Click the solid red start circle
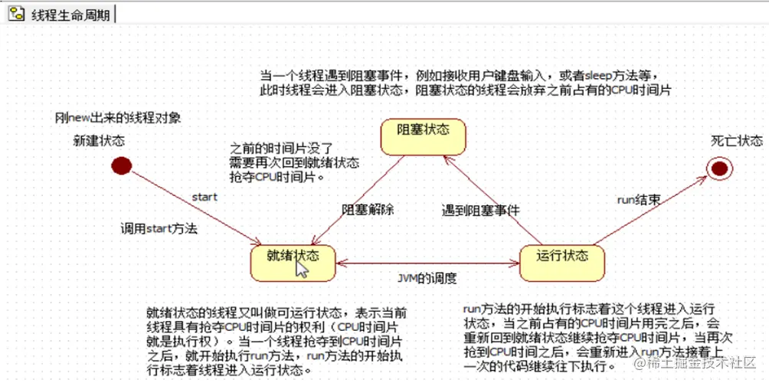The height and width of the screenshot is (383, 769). pyautogui.click(x=121, y=165)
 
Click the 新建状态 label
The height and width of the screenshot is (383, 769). pyautogui.click(x=99, y=140)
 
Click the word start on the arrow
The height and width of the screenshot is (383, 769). pyautogui.click(x=205, y=197)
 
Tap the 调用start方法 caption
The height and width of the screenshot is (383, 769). pyautogui.click(x=159, y=228)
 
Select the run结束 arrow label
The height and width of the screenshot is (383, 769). pyautogui.click(x=640, y=199)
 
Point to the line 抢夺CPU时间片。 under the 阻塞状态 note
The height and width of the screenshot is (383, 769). pyautogui.click(x=277, y=176)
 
